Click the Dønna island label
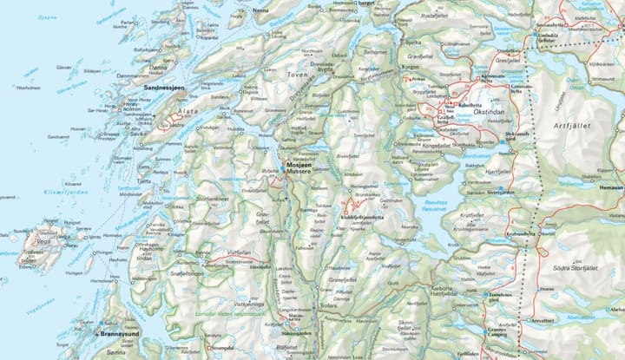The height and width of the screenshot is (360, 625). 158,65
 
